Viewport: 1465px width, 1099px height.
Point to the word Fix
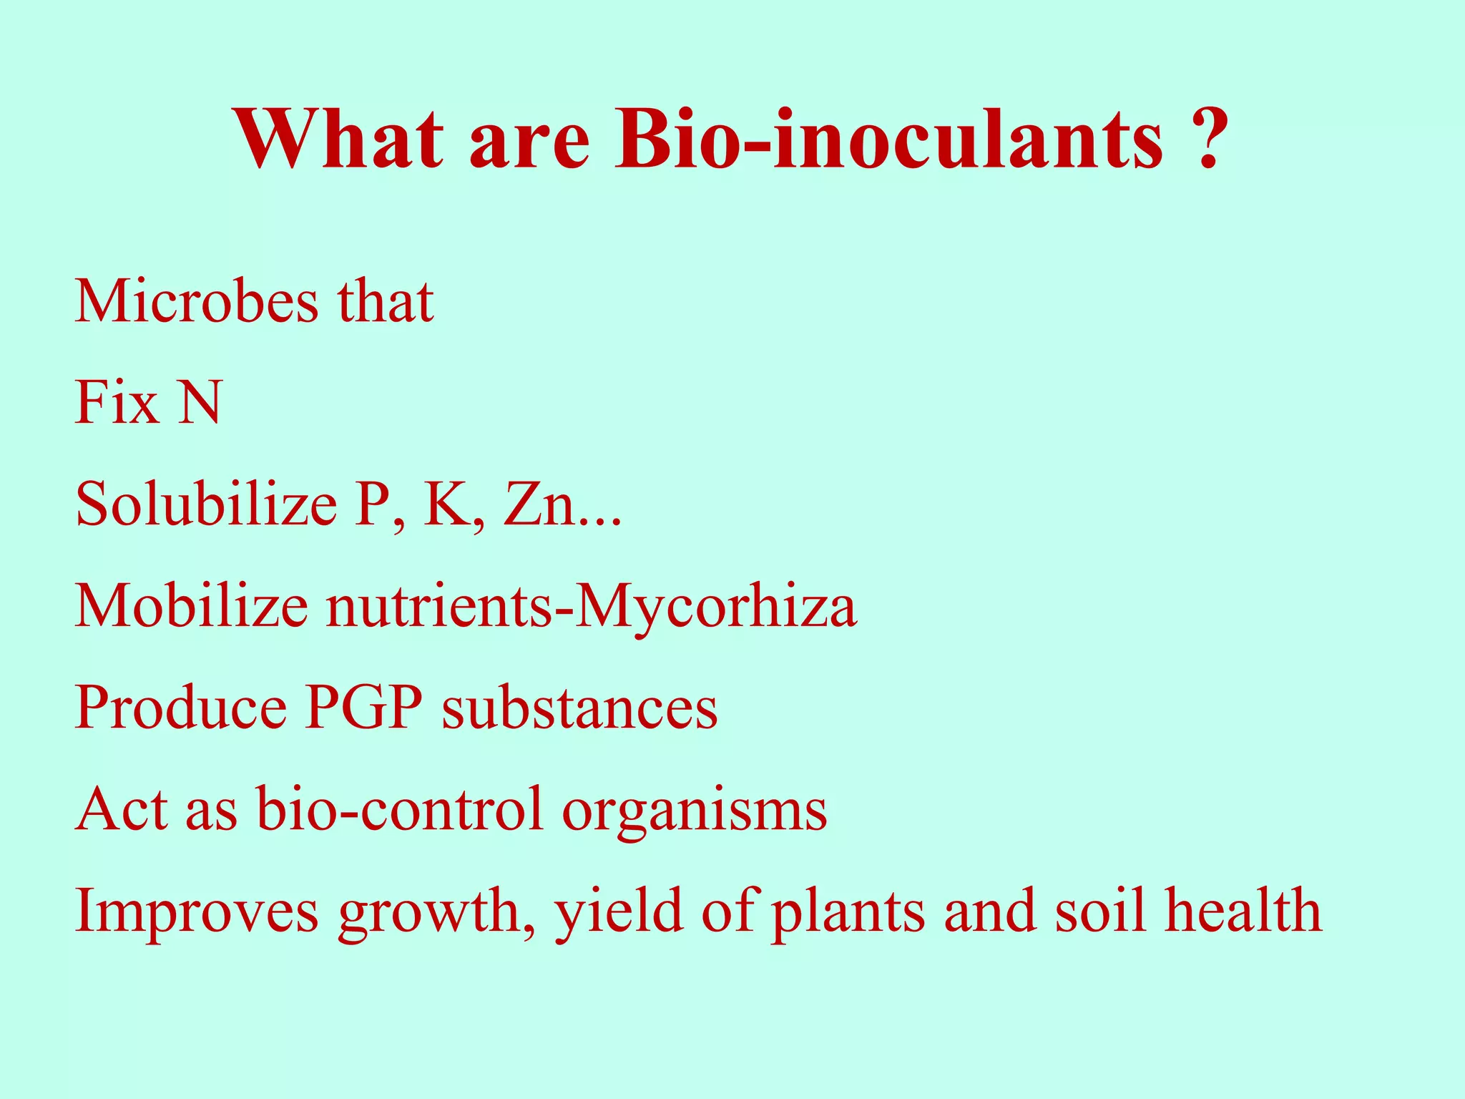117,403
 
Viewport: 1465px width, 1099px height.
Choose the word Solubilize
206,504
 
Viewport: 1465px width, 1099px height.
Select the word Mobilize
191,606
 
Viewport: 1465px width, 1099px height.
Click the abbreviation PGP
363,708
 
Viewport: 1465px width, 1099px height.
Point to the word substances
579,708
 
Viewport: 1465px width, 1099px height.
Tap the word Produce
180,708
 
